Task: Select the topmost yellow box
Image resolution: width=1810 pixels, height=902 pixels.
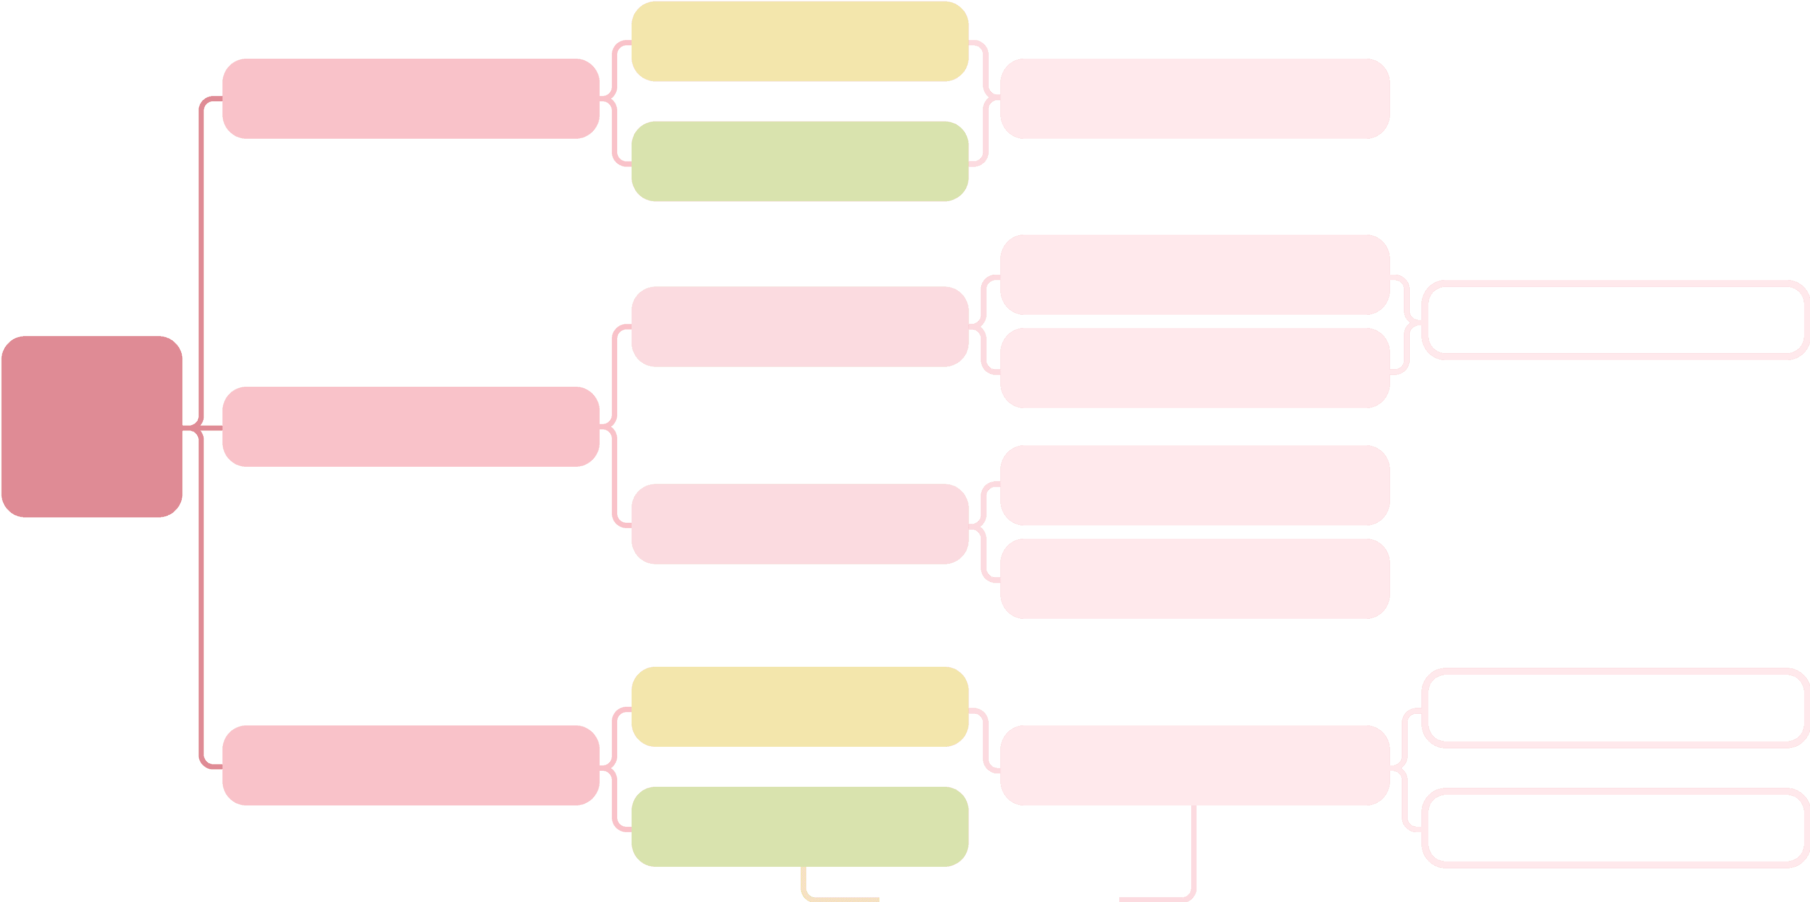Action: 799,42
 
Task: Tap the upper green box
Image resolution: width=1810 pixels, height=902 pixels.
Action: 799,161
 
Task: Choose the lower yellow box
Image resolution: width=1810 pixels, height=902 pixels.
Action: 799,707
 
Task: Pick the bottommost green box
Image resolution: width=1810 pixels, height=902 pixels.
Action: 799,826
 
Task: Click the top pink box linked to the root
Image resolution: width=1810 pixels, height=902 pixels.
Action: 410,99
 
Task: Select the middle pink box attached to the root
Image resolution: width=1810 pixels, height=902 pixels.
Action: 410,427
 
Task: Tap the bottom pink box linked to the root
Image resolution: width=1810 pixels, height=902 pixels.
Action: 410,765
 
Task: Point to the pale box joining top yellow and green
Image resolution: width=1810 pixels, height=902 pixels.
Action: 1194,99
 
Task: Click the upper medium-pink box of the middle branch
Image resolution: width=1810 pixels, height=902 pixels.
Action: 799,326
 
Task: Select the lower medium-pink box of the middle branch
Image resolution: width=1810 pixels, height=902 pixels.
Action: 799,524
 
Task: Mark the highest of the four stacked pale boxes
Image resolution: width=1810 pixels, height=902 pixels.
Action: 1194,274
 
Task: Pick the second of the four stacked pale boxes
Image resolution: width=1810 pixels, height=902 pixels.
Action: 1194,368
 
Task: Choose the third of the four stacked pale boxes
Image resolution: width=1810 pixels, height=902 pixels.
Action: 1194,485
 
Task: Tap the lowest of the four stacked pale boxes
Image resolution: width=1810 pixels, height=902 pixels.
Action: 1194,579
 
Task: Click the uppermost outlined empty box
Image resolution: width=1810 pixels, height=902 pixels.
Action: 1615,320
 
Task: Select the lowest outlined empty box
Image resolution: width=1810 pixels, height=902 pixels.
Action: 1615,827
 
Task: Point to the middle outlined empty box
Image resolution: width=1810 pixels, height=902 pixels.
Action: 1615,707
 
